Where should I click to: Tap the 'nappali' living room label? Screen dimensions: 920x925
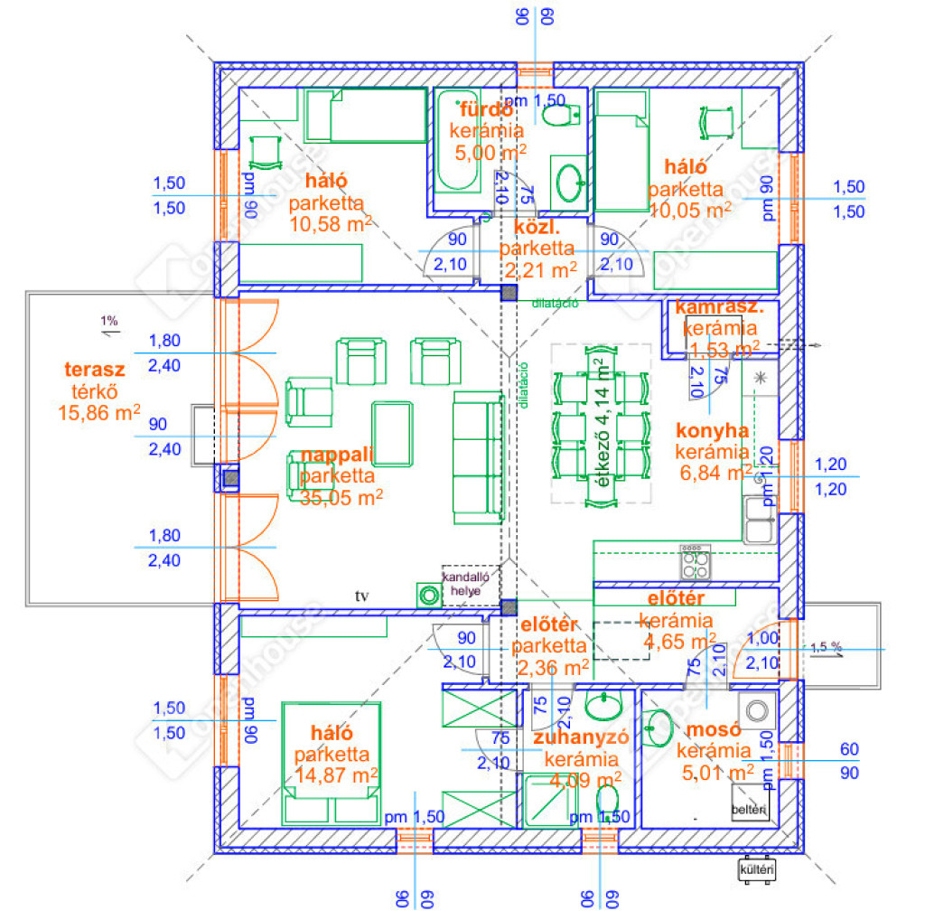(x=337, y=455)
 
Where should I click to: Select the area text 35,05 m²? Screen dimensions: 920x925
(x=341, y=496)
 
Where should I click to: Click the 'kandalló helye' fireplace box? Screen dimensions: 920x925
(x=470, y=583)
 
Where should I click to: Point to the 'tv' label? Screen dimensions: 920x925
(x=363, y=596)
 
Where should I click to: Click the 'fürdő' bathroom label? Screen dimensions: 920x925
(x=486, y=110)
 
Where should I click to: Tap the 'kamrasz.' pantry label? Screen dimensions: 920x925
(x=719, y=307)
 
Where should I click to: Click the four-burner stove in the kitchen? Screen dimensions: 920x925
(x=695, y=564)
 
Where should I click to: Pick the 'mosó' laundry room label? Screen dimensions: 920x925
(x=713, y=730)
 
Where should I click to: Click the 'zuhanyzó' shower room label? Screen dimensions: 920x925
(x=581, y=738)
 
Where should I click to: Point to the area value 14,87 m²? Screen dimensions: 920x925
(x=336, y=774)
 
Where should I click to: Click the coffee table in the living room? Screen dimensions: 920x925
(x=392, y=435)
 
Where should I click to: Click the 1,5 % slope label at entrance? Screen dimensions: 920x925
(x=827, y=647)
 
